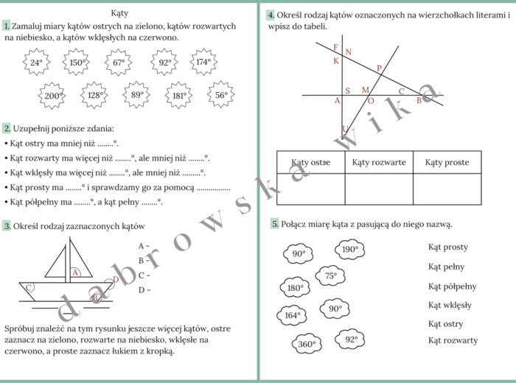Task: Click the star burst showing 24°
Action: [x=36, y=63]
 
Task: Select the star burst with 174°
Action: [x=203, y=62]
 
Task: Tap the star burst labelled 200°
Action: [x=52, y=96]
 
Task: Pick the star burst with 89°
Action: [x=137, y=95]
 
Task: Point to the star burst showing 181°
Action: [x=179, y=96]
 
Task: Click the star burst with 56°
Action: [x=220, y=95]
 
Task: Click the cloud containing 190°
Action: [x=349, y=250]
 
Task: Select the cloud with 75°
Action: [x=330, y=276]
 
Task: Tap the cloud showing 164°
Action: [x=293, y=316]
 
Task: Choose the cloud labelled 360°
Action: [x=307, y=344]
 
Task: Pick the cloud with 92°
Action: [x=350, y=340]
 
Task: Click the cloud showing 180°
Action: [x=295, y=288]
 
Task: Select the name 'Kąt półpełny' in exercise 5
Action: [x=452, y=287]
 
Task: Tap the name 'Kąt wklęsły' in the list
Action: [x=450, y=305]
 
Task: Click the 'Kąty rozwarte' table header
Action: [x=379, y=162]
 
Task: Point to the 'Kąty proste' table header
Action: [x=447, y=162]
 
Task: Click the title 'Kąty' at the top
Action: [x=119, y=13]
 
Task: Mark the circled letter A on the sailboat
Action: [x=75, y=272]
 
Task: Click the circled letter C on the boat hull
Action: [x=29, y=287]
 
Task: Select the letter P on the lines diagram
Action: [x=380, y=68]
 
